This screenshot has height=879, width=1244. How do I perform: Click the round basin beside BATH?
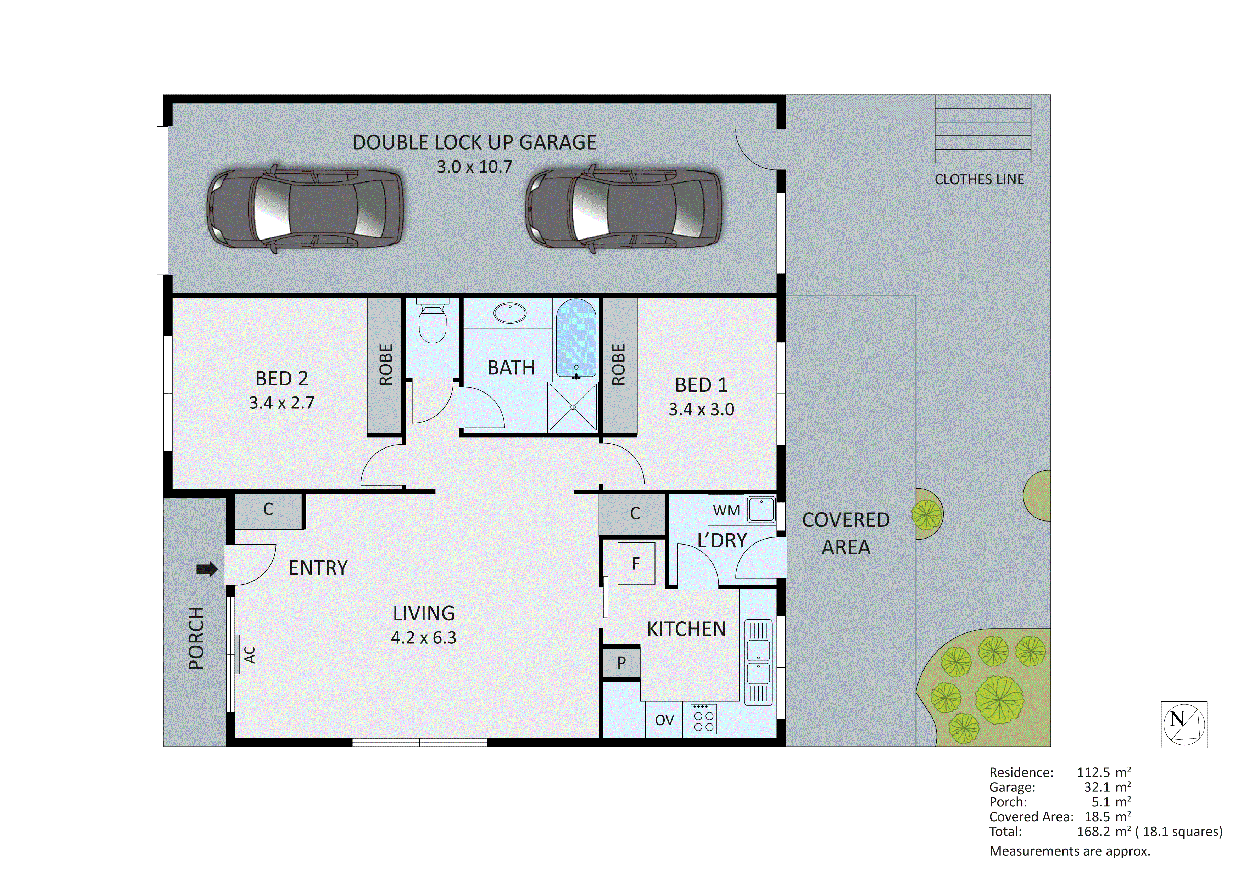point(510,313)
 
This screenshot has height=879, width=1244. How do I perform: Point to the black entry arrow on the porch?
point(206,569)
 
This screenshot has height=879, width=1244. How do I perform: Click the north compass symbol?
point(1184,724)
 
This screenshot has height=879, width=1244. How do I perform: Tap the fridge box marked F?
point(636,564)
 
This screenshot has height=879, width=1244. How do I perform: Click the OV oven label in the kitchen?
point(664,720)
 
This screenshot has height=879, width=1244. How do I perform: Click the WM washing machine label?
point(726,510)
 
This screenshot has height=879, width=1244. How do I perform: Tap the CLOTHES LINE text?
point(979,179)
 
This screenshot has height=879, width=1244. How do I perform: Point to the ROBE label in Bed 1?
point(618,365)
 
